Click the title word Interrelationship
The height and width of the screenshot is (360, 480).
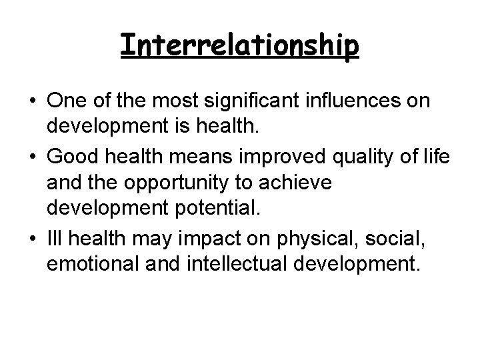240,45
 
